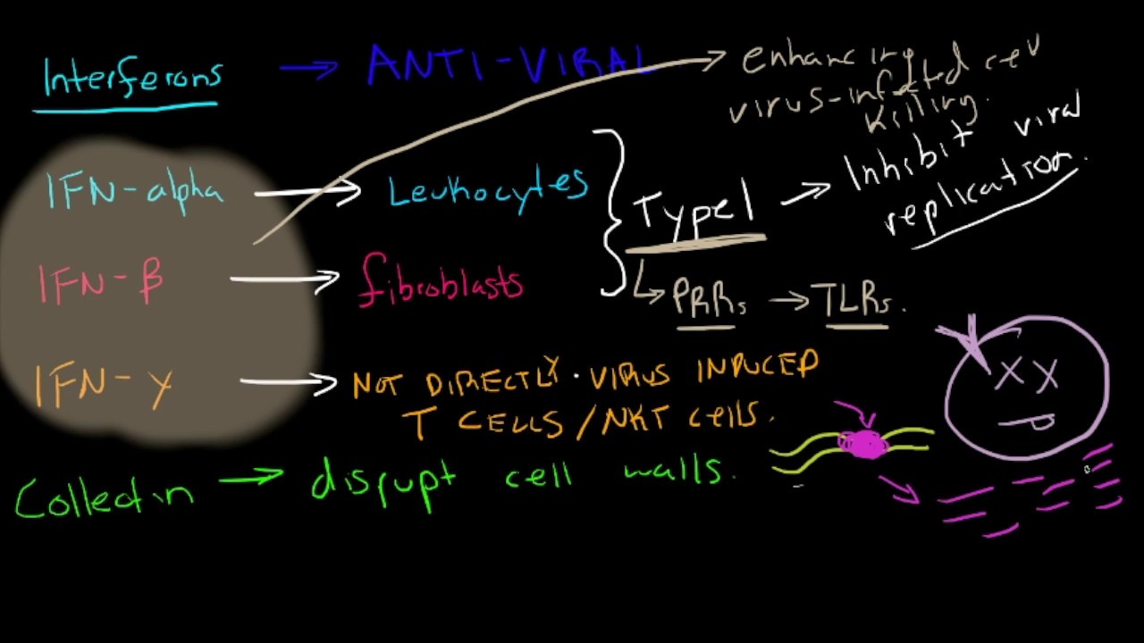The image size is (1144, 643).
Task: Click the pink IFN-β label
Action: point(100,280)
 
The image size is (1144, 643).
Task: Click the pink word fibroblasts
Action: point(441,280)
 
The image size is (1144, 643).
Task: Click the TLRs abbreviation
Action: point(855,300)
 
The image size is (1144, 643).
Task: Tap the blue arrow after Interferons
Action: point(308,69)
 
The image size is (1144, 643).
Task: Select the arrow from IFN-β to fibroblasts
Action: point(283,280)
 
